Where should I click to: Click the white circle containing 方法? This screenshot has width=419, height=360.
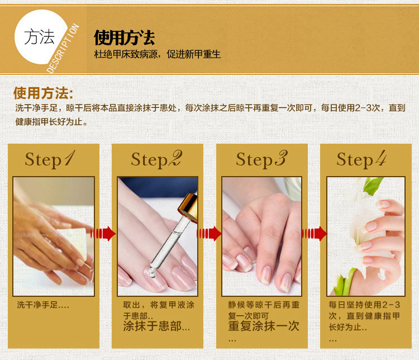point(40,37)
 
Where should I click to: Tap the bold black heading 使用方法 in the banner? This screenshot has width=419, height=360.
point(124,37)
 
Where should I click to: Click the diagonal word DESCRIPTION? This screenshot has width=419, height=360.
point(63,48)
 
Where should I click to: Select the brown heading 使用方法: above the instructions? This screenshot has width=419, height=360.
point(43,93)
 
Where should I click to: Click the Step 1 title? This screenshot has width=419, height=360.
point(50,159)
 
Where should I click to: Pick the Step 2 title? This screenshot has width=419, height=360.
point(156,159)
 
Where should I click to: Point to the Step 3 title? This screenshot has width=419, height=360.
point(261,159)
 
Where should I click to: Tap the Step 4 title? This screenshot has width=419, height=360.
point(361,159)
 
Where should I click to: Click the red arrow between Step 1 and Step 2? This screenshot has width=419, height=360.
point(103,234)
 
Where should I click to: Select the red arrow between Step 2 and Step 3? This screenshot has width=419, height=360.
point(209,234)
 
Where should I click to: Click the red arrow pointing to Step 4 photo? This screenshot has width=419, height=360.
point(314,234)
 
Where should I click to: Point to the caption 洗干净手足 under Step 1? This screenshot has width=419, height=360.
point(37,305)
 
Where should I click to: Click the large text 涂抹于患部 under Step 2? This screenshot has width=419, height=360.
point(152,326)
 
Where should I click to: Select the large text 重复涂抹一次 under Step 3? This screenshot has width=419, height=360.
point(264,326)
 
